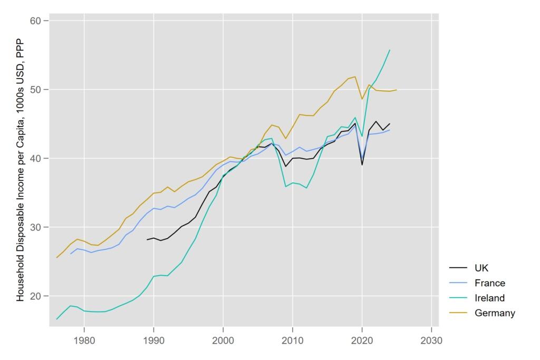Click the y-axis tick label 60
pyautogui.click(x=35, y=21)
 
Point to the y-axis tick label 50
pyautogui.click(x=35, y=90)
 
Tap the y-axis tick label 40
pyautogui.click(x=35, y=158)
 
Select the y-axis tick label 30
pyautogui.click(x=35, y=227)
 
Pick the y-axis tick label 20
pyautogui.click(x=35, y=296)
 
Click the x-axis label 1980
pyautogui.click(x=84, y=340)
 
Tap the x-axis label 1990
pyautogui.click(x=153, y=340)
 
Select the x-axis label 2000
pyautogui.click(x=223, y=340)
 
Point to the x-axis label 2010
pyautogui.click(x=293, y=340)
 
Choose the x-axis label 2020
pyautogui.click(x=362, y=340)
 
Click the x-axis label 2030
pyautogui.click(x=431, y=340)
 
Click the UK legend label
pyautogui.click(x=481, y=268)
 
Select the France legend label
pyautogui.click(x=490, y=283)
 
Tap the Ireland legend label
pyautogui.click(x=490, y=298)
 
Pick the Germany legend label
pyautogui.click(x=495, y=313)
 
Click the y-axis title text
pyautogui.click(x=21, y=170)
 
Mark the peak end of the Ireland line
pyautogui.click(x=390, y=50)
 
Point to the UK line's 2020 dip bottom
pyautogui.click(x=362, y=165)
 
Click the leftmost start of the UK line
pyautogui.click(x=147, y=239)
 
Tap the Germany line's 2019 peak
pyautogui.click(x=355, y=77)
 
